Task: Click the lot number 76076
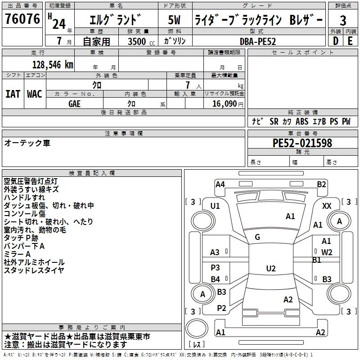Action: pos(22,20)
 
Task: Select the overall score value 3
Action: pos(343,20)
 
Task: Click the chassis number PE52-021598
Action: pos(302,143)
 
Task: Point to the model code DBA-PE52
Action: pos(258,41)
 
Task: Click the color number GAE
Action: pos(75,103)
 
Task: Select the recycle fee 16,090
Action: pos(224,103)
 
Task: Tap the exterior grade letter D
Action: pos(335,40)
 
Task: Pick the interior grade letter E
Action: pos(350,40)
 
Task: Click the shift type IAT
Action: pos(13,94)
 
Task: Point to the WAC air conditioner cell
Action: pos(34,94)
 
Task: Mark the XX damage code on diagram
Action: pos(327,206)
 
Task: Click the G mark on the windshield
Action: pos(257,237)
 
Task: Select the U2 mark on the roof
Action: pos(270,268)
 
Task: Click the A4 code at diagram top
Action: pos(220,184)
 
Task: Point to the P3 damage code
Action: pos(216,267)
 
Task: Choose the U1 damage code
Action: pos(215,206)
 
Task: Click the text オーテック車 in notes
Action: pos(27,143)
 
